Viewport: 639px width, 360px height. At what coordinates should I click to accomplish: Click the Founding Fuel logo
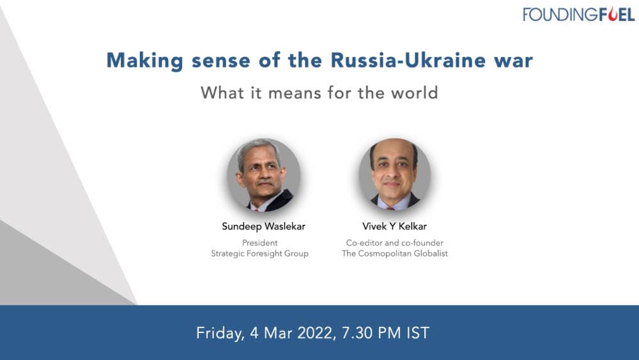(x=578, y=14)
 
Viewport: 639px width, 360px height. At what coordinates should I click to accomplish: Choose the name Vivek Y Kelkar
(x=394, y=226)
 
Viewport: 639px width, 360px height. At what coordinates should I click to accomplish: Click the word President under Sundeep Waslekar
(x=259, y=243)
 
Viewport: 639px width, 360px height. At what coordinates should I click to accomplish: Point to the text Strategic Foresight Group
(x=259, y=254)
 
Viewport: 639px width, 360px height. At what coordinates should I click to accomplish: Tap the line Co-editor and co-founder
(x=394, y=243)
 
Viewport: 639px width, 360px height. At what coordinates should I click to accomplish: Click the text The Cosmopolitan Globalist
(x=394, y=254)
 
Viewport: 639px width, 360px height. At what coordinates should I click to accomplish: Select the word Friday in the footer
(x=218, y=333)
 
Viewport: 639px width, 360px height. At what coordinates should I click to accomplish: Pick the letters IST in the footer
(x=416, y=333)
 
